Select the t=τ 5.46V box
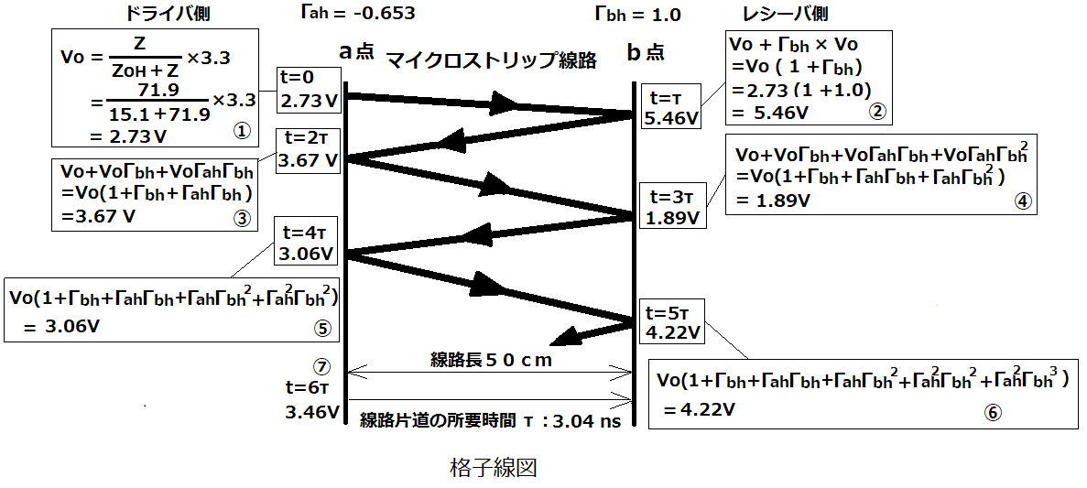[672, 107]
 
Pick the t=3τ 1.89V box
[672, 206]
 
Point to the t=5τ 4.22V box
[672, 320]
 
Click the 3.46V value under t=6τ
[312, 413]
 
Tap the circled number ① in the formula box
[241, 132]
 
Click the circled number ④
[1023, 201]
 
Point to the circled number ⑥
[992, 412]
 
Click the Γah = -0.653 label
[354, 13]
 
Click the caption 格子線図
[493, 470]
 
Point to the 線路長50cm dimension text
[489, 361]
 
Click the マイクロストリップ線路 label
[491, 61]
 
